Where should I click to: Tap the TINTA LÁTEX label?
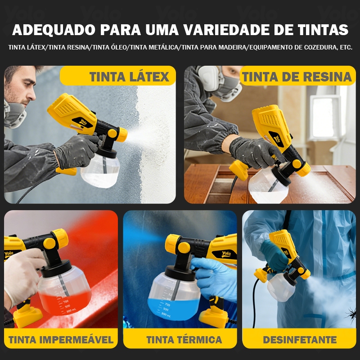129,76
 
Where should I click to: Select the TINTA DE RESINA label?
297,76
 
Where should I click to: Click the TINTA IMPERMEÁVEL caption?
61,340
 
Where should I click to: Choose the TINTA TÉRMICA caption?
184,340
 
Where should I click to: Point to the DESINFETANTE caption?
300,340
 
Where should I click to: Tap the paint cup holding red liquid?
64,290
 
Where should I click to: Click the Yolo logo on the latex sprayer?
83,121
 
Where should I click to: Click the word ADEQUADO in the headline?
54,30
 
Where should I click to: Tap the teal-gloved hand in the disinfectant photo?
274,255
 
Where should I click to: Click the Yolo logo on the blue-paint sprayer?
226,254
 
